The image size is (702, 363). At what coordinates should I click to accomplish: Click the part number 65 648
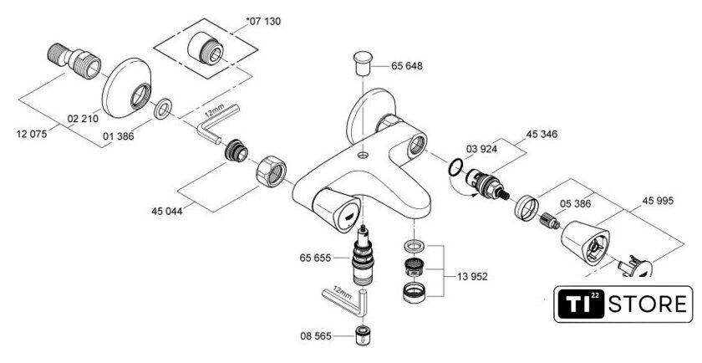click(406, 66)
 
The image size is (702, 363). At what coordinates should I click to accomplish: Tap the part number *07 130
click(264, 21)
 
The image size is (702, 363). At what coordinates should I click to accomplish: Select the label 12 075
click(32, 134)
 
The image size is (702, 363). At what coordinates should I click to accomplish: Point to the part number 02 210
click(83, 119)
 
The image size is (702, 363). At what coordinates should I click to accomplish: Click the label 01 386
click(118, 136)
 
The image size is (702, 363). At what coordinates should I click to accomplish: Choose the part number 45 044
click(167, 211)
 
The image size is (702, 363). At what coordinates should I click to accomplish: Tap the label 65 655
click(315, 258)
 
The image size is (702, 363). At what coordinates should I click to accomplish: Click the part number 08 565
click(316, 336)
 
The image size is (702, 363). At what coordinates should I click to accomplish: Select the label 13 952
click(472, 277)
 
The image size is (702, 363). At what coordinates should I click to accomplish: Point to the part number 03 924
click(481, 149)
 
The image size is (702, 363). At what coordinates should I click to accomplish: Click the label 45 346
click(542, 134)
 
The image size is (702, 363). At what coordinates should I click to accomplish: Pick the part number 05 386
click(575, 204)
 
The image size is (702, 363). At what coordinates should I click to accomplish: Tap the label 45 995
click(658, 201)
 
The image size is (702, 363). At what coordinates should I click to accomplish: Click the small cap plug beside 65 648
click(363, 63)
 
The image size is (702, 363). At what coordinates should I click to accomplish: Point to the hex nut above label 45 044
click(271, 171)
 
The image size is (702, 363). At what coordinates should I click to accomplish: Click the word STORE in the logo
click(648, 304)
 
